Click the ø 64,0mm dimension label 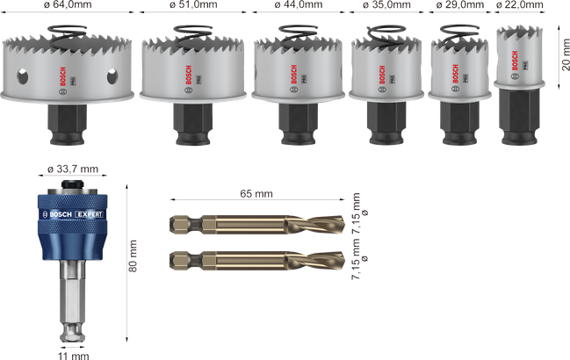pos(68,4)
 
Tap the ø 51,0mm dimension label pos(193,4)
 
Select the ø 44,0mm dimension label pos(299,4)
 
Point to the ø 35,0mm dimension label pos(386,4)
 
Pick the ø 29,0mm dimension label pos(460,4)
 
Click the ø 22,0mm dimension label pos(519,4)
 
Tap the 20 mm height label pos(566,54)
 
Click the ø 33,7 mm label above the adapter pos(73,169)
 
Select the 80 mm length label pos(133,256)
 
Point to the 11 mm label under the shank pos(74,356)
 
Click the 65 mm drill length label pos(256,194)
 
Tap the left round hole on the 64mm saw pos(22,76)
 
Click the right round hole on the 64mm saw pos(112,76)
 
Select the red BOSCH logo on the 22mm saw pos(515,61)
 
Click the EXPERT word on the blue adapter pos(90,214)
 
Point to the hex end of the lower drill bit pos(180,260)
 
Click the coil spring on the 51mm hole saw pos(192,36)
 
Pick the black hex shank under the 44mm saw pos(298,124)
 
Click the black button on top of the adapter pos(73,184)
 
